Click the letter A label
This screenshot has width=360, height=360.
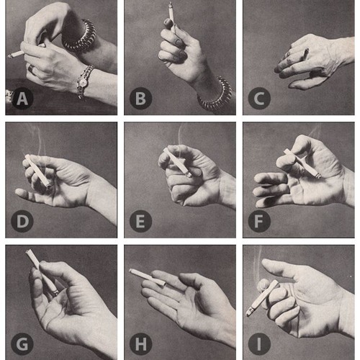click(x=22, y=99)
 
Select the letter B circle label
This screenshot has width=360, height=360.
click(x=141, y=99)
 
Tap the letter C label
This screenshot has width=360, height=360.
click(x=259, y=99)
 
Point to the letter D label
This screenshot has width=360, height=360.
click(x=22, y=221)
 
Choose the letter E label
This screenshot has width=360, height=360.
click(x=141, y=221)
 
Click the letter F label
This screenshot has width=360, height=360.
click(x=259, y=221)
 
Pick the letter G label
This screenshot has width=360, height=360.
click(x=22, y=344)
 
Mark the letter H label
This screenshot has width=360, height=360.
click(x=141, y=344)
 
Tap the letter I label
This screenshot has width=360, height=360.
click(x=259, y=344)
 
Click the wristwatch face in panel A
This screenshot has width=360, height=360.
click(x=83, y=83)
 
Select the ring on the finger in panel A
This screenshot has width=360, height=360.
click(x=32, y=69)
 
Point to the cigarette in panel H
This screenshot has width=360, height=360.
click(x=147, y=277)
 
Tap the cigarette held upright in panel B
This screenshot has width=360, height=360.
click(x=171, y=17)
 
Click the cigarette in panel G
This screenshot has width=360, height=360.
click(x=42, y=272)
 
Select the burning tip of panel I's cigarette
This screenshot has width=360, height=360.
click(x=248, y=313)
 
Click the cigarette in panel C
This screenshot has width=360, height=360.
click(x=306, y=54)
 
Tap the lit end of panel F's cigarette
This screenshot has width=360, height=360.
click(x=318, y=176)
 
